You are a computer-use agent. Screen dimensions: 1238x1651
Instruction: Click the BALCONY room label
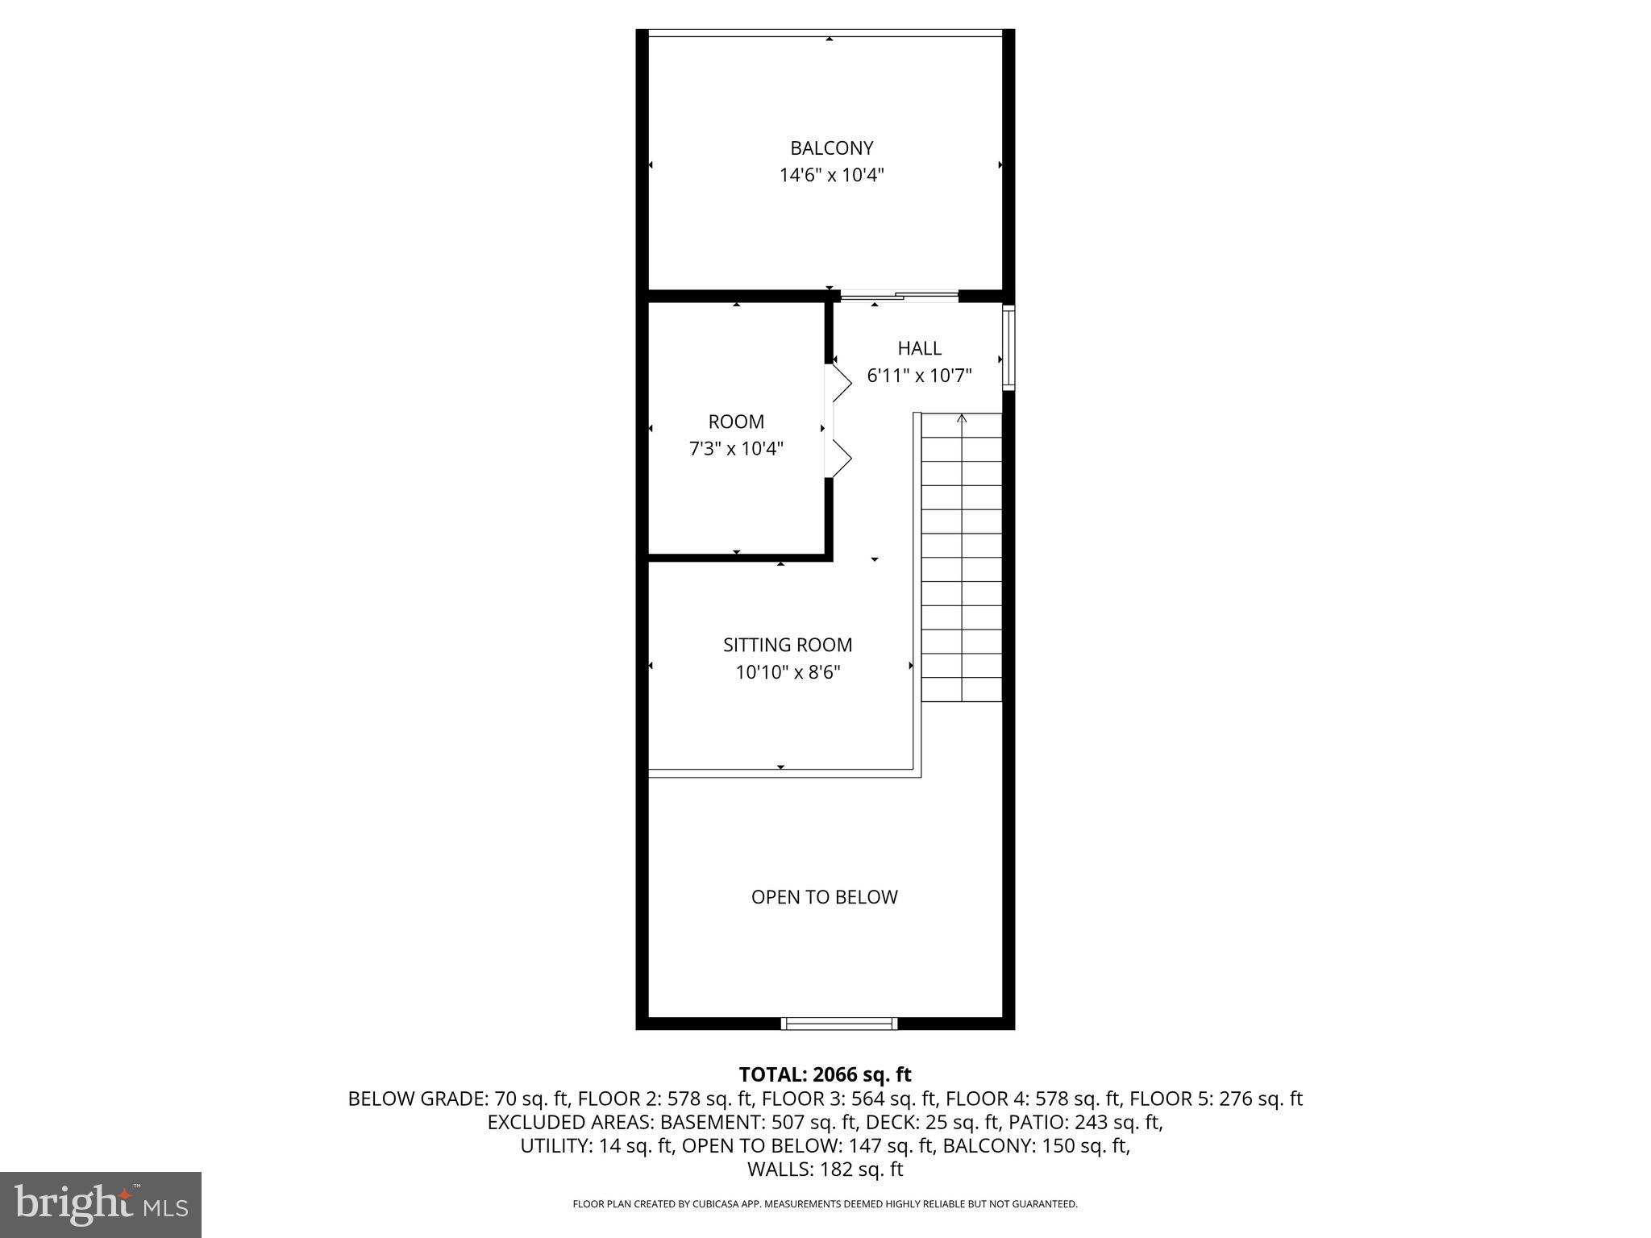(831, 148)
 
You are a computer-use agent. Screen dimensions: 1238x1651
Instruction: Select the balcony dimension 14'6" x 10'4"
(831, 176)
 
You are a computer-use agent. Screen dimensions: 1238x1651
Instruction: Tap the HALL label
(919, 348)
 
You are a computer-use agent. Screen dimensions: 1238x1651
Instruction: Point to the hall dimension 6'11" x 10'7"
(919, 376)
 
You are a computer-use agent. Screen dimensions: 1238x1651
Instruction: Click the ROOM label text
(736, 422)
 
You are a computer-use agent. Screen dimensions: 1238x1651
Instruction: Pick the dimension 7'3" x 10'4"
(736, 449)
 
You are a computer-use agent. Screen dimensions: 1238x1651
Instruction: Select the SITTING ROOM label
(787, 645)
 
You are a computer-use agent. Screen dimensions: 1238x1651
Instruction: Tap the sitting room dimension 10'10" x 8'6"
(787, 672)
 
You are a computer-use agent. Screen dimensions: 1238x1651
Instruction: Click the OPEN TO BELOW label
(824, 897)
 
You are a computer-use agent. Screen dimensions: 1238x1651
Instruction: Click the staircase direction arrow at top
(961, 418)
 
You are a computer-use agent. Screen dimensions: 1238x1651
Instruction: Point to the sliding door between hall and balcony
(899, 297)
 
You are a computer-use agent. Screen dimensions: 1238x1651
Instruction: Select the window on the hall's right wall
(1008, 348)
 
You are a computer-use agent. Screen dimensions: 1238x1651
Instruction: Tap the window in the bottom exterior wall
(839, 1024)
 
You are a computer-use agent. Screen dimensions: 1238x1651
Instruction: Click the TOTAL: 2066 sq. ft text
(825, 1074)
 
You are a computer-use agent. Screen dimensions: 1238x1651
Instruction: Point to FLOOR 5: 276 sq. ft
(1215, 1099)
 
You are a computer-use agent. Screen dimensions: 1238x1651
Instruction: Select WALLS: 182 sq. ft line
(825, 1169)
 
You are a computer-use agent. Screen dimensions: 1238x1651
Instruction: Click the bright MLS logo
(101, 1204)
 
